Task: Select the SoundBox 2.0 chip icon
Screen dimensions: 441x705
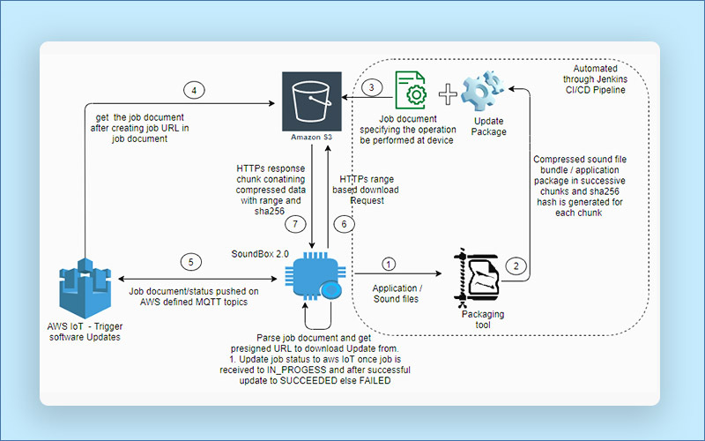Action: pyautogui.click(x=315, y=274)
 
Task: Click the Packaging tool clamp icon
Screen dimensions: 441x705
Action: pyautogui.click(x=477, y=274)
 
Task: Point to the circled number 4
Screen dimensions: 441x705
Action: pyautogui.click(x=195, y=89)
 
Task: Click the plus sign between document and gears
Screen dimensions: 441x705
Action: pyautogui.click(x=449, y=93)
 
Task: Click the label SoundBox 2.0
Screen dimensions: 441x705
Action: pyautogui.click(x=260, y=253)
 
